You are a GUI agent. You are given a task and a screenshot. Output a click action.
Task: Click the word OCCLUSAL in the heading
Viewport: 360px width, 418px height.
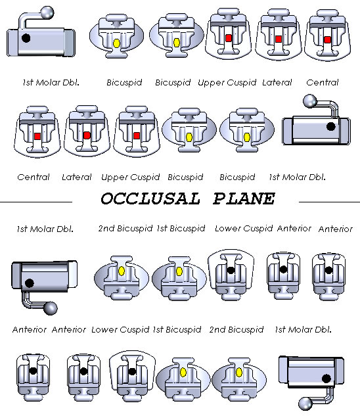150,198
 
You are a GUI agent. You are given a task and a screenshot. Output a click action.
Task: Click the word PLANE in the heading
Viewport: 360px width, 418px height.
244,198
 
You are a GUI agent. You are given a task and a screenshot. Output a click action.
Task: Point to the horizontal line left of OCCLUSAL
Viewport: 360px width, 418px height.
36,202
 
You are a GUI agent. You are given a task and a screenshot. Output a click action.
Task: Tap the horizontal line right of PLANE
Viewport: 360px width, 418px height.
329,202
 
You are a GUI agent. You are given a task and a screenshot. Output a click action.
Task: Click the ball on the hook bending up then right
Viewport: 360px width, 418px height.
47,12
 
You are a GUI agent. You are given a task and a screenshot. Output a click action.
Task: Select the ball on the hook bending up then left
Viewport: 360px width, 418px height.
310,102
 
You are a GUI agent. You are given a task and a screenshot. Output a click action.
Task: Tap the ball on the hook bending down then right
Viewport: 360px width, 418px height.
51,308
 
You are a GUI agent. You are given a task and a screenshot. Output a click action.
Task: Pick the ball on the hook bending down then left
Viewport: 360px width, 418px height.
305,404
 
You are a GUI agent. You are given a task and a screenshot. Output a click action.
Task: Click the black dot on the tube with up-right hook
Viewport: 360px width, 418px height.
26,38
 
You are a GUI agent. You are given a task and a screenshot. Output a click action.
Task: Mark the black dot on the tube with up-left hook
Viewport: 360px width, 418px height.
330,126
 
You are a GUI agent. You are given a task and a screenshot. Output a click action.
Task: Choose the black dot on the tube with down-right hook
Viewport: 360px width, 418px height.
30,283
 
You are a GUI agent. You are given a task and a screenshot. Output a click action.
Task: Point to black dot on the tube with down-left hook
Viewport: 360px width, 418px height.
326,379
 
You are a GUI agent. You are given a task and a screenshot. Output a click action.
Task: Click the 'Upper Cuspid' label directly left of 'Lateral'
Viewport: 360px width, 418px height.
227,83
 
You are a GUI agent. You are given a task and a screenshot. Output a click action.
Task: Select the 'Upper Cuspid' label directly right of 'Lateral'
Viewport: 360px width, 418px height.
131,177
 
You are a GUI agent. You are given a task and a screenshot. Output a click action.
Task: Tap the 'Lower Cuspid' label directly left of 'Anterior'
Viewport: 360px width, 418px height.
244,229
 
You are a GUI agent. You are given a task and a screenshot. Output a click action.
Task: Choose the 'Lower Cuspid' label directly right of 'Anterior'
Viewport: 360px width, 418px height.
120,330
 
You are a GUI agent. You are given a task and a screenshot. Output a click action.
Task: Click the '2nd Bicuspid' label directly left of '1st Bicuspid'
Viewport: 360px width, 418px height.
125,229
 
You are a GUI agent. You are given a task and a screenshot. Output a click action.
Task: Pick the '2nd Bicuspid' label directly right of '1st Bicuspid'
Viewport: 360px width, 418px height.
236,330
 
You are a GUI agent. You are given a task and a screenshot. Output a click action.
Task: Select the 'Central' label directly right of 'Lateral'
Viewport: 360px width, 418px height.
323,83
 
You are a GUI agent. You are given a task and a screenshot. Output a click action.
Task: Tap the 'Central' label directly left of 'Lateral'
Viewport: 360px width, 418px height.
34,177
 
